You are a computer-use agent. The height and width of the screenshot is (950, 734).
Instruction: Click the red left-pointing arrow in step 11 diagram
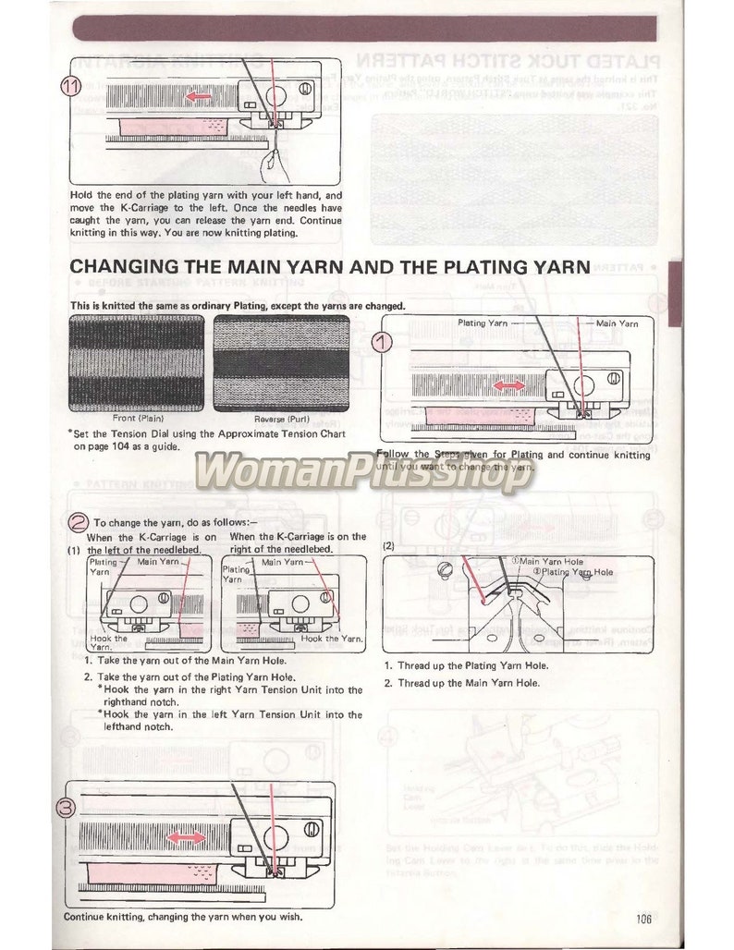pyautogui.click(x=195, y=95)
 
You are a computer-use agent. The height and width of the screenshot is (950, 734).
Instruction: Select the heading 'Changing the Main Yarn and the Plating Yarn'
pyautogui.click(x=330, y=267)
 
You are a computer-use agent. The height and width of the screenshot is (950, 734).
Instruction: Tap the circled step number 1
pyautogui.click(x=383, y=343)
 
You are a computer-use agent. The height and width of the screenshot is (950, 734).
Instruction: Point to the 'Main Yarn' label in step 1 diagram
pyautogui.click(x=617, y=323)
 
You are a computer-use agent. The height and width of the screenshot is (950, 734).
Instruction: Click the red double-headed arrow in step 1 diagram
pyautogui.click(x=505, y=384)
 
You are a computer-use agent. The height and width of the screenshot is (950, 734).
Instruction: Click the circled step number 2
pyautogui.click(x=79, y=520)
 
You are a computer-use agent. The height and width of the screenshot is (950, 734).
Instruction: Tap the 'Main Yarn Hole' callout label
pyautogui.click(x=554, y=561)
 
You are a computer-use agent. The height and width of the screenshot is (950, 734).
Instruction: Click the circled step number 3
pyautogui.click(x=67, y=807)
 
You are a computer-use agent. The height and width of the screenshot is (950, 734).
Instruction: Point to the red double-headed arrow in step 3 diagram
pyautogui.click(x=187, y=836)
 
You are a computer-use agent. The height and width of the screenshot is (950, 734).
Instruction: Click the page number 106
pyautogui.click(x=644, y=918)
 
